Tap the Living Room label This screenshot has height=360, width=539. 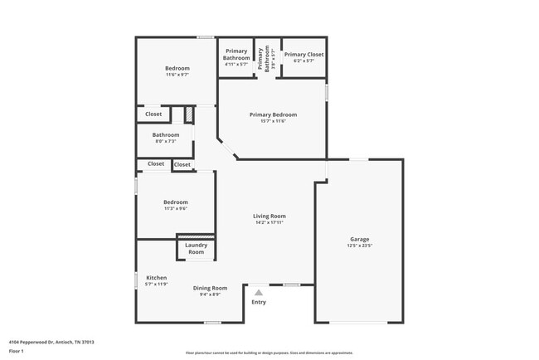pyautogui.click(x=269, y=216)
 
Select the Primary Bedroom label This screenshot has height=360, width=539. pyautogui.click(x=273, y=114)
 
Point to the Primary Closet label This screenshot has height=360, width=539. pyautogui.click(x=303, y=55)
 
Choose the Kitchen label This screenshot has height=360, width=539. pyautogui.click(x=157, y=277)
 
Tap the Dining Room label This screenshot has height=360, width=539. pyautogui.click(x=210, y=288)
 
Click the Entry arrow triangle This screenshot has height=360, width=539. pyautogui.click(x=259, y=292)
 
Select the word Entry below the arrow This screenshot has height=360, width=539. pyautogui.click(x=259, y=302)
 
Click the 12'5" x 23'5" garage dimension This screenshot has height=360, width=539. pyautogui.click(x=359, y=246)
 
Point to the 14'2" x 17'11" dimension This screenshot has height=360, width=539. pyautogui.click(x=269, y=221)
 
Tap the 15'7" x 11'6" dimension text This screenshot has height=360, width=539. pyautogui.click(x=273, y=121)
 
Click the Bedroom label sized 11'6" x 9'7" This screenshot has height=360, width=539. pyautogui.click(x=177, y=68)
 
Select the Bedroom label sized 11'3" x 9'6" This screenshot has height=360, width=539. pyautogui.click(x=175, y=202)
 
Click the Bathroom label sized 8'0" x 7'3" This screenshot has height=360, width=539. pyautogui.click(x=166, y=135)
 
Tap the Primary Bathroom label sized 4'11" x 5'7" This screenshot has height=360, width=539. pyautogui.click(x=236, y=55)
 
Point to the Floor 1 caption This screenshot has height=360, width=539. pyautogui.click(x=17, y=351)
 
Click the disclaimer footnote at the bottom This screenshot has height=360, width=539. pyautogui.click(x=269, y=353)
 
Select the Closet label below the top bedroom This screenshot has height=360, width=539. pyautogui.click(x=153, y=114)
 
